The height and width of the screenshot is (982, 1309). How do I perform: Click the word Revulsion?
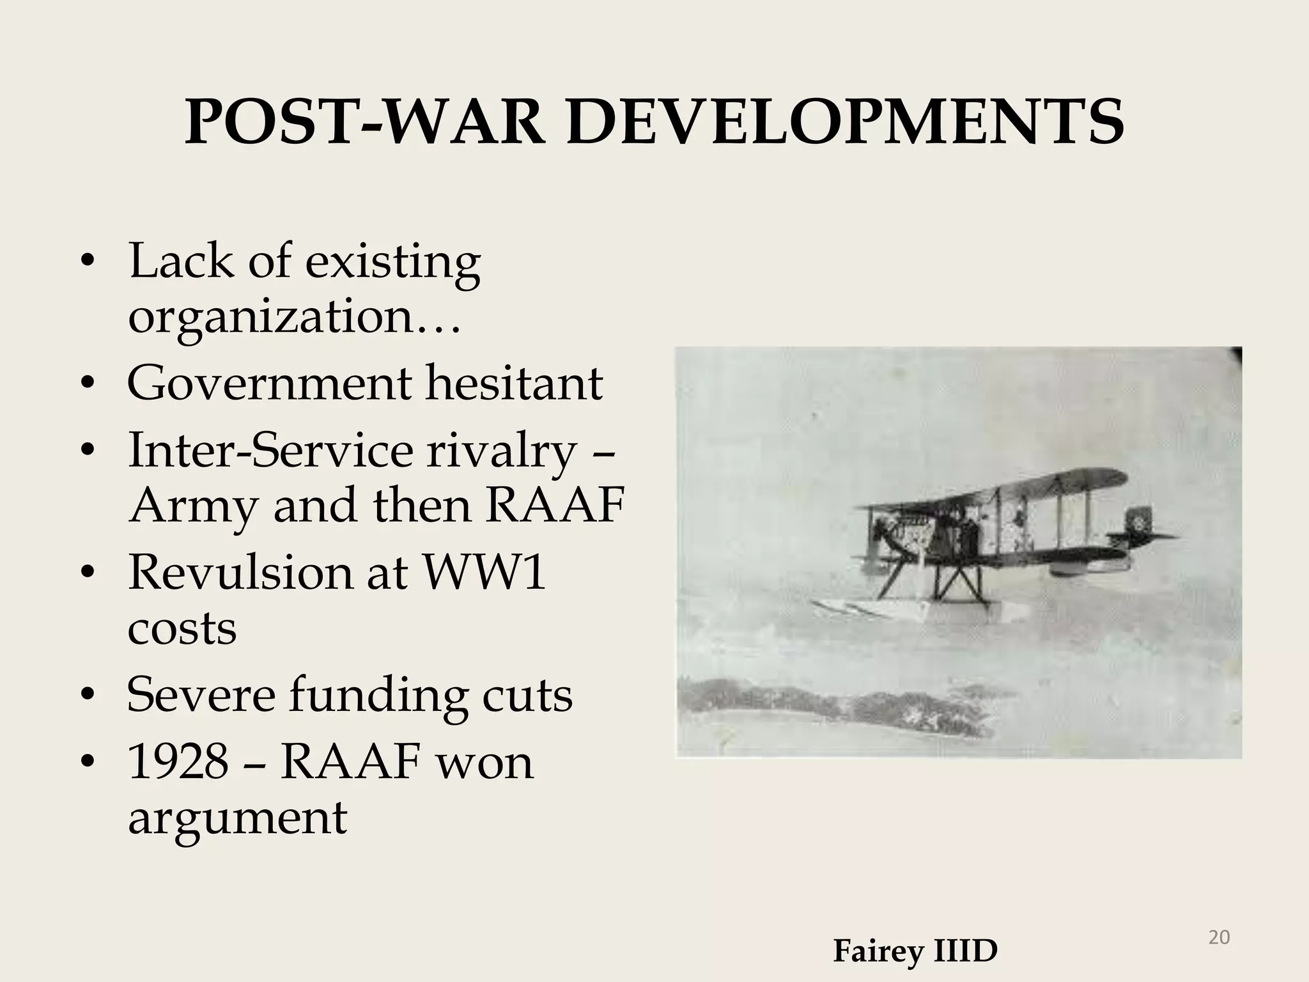coord(240,571)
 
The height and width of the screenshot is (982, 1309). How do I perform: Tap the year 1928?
coord(178,762)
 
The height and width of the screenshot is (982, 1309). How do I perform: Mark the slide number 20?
coord(1219,937)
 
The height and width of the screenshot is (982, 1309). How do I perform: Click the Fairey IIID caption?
coord(915,951)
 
